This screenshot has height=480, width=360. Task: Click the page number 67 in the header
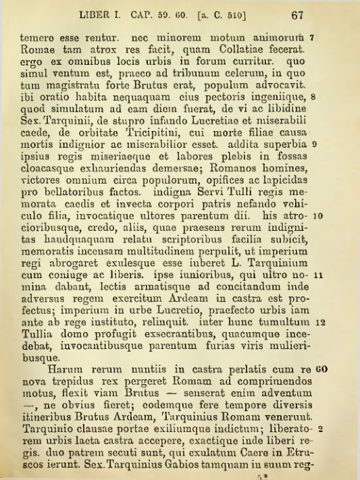click(301, 14)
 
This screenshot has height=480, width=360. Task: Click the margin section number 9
click(323, 144)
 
